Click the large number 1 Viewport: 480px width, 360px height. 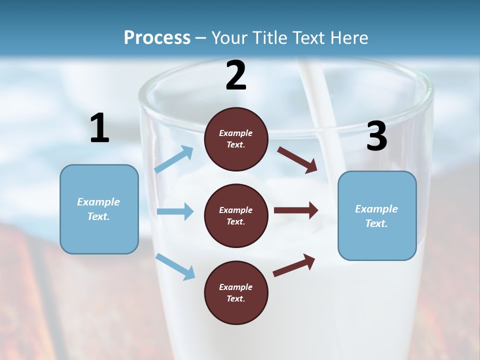click(99, 128)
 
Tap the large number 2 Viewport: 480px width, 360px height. click(235, 75)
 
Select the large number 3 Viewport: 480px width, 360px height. click(376, 136)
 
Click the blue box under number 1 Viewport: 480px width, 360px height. click(99, 209)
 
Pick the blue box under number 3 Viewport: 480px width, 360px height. click(377, 215)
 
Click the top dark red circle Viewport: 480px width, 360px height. click(236, 139)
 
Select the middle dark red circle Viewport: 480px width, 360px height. click(236, 215)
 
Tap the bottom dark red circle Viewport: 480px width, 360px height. click(236, 292)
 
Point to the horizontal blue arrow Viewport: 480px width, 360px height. click(175, 211)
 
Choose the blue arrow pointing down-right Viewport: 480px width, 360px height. click(175, 266)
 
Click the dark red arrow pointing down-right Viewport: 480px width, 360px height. click(297, 159)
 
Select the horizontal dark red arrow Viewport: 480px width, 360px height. click(296, 210)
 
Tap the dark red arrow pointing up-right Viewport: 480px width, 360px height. click(294, 265)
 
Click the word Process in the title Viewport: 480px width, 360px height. click(157, 37)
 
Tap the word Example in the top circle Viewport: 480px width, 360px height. click(236, 133)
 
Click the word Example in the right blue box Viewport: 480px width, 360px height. click(376, 209)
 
